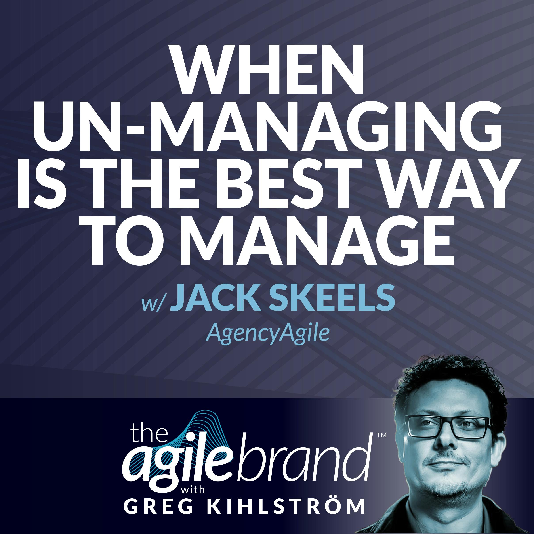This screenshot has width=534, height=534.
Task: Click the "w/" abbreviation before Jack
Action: tap(151, 302)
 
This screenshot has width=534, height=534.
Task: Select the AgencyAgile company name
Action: tap(268, 333)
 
